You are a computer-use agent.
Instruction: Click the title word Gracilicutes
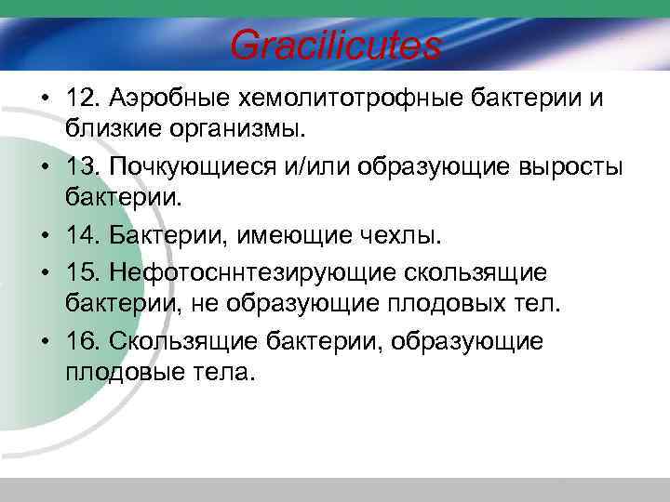(x=335, y=45)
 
